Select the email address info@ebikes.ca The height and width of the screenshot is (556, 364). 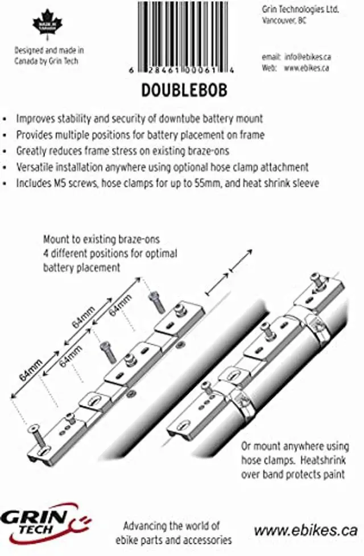click(x=307, y=58)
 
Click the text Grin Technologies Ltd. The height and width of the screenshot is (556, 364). click(x=301, y=10)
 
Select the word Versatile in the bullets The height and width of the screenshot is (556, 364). click(x=35, y=167)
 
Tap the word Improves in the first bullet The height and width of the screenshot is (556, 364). click(x=35, y=118)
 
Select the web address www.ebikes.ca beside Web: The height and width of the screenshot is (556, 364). click(x=307, y=68)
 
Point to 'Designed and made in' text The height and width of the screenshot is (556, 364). click(x=49, y=50)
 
